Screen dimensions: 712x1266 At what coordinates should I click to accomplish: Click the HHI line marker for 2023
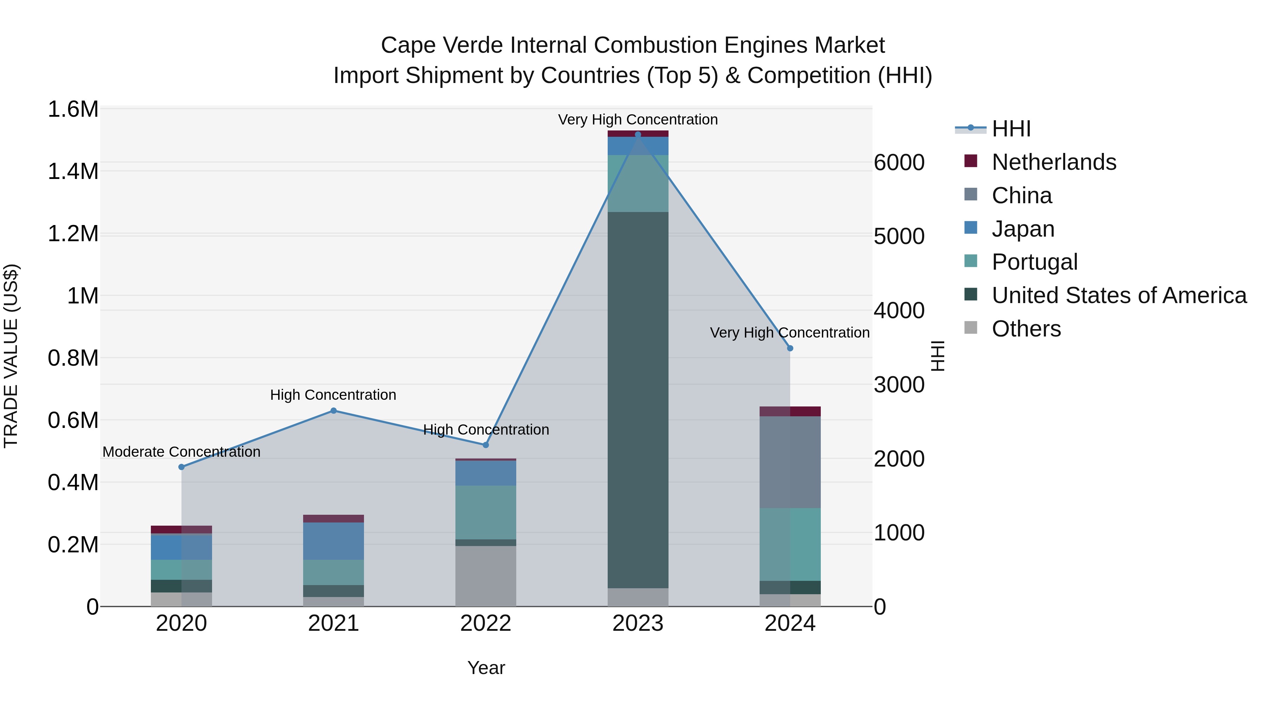point(638,134)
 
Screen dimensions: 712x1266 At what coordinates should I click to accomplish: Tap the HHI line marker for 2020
point(181,467)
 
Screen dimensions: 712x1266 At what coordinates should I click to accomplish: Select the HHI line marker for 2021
point(333,411)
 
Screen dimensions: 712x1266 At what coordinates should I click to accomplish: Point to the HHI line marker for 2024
point(790,348)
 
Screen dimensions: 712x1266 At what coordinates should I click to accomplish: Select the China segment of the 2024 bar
point(790,462)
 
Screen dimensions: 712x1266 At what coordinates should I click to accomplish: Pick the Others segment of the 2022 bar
point(486,576)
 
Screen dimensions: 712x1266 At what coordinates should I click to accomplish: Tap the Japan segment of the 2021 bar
point(333,541)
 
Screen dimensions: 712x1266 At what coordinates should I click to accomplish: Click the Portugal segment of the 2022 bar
point(486,513)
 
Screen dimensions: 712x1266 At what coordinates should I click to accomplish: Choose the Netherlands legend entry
point(1054,162)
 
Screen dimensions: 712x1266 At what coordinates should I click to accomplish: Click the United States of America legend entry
point(1119,295)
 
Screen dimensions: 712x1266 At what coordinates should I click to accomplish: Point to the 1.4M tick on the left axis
point(73,172)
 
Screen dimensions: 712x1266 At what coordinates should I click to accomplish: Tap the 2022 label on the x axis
point(486,623)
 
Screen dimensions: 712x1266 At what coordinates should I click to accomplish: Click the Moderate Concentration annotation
point(181,451)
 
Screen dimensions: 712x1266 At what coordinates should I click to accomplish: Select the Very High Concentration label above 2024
point(790,333)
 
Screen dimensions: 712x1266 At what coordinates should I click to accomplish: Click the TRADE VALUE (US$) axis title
point(11,356)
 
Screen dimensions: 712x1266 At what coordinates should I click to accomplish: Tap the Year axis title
point(486,668)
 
